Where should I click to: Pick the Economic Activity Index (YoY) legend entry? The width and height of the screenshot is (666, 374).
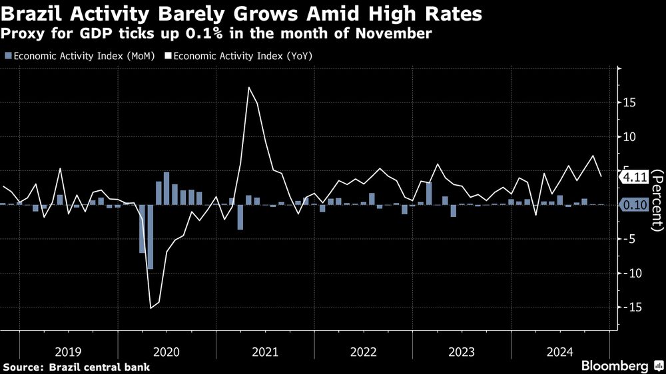coord(243,56)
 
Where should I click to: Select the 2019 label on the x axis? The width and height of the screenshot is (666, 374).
coord(68,351)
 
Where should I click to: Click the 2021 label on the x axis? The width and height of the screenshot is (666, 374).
coord(265,351)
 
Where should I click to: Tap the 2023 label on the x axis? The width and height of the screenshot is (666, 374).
coord(462,351)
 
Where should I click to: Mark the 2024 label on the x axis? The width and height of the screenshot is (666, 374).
coord(560,351)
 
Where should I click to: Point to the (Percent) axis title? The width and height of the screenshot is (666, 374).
coord(656,199)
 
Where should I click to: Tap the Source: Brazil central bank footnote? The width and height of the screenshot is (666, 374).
coord(77,367)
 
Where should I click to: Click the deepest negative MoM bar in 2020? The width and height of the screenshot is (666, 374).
coord(150,236)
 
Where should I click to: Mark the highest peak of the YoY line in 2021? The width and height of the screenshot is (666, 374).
coord(249,87)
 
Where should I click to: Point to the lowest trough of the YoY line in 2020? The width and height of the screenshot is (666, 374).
coord(150,308)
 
